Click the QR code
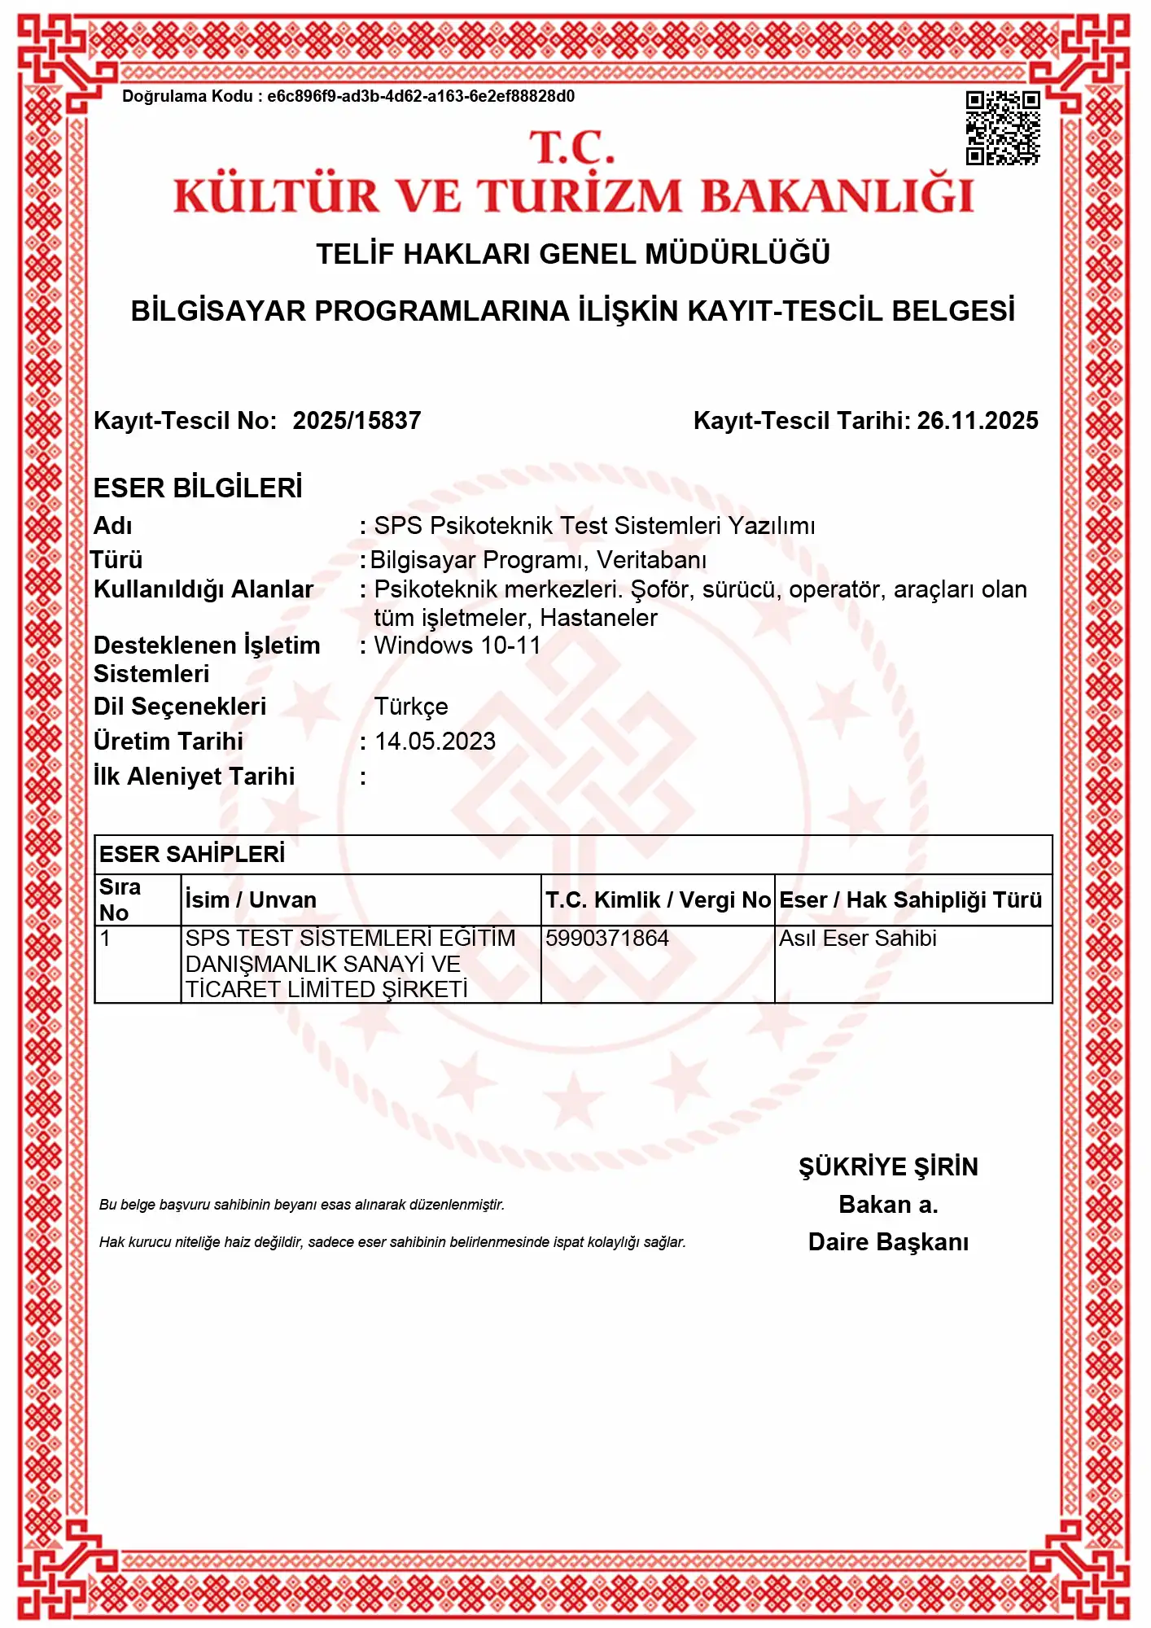[x=1002, y=128]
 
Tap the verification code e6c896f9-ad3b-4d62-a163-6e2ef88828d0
[x=421, y=97]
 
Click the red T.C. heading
[x=572, y=148]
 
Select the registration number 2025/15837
[x=357, y=421]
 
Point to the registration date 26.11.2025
[x=978, y=421]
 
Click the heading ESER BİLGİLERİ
[x=198, y=488]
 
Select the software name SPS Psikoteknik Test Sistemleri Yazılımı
[x=594, y=526]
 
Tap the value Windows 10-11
[x=457, y=646]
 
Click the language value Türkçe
[x=411, y=707]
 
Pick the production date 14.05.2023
[x=435, y=742]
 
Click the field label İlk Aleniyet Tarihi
[x=194, y=777]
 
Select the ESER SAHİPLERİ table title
[x=192, y=854]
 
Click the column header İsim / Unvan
[x=251, y=900]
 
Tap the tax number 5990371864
[x=607, y=939]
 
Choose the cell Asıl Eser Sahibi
[x=858, y=939]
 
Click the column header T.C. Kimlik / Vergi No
[x=658, y=900]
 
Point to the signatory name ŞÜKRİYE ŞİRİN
[x=888, y=1167]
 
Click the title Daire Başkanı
[x=888, y=1242]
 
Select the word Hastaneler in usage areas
[x=598, y=618]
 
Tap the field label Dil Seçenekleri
[x=180, y=707]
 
